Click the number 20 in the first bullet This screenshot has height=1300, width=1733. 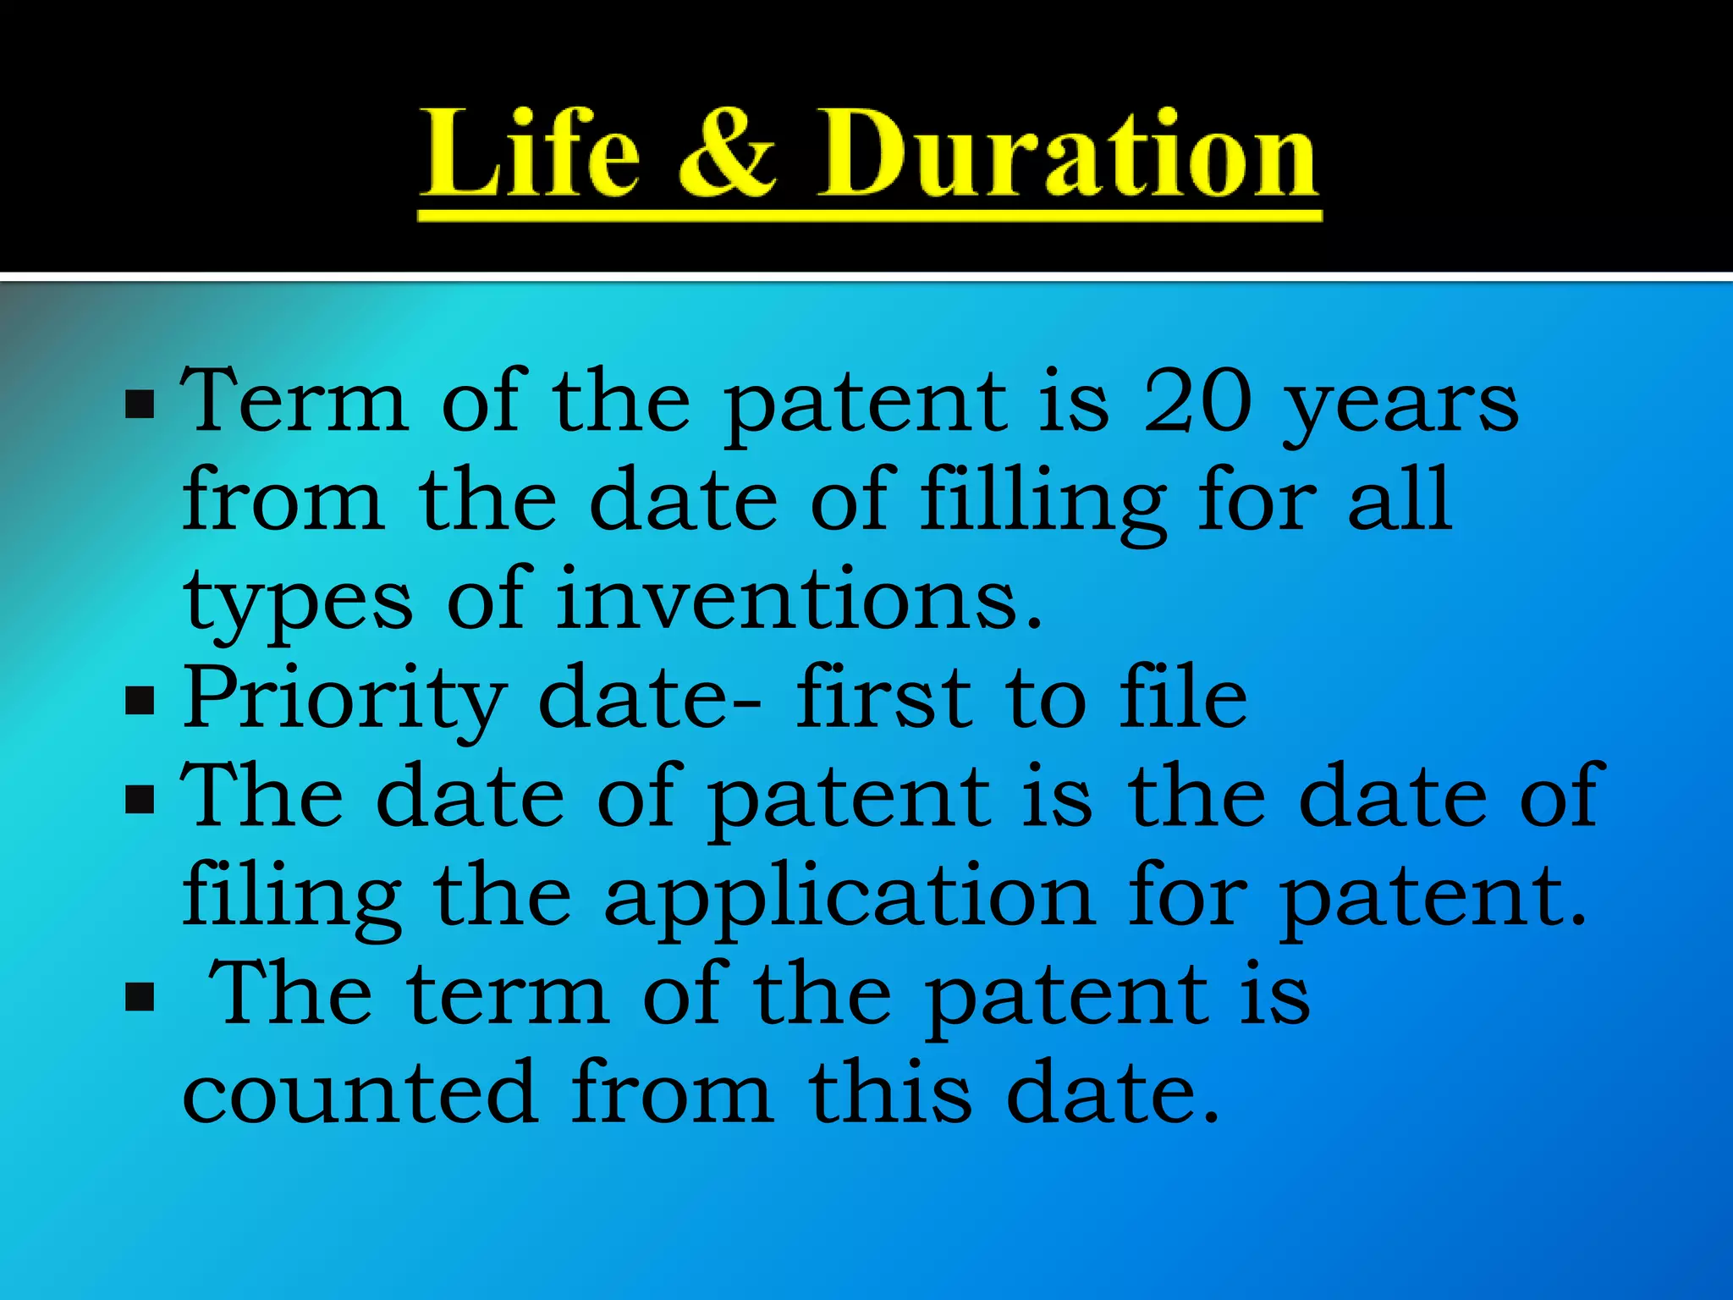coord(1197,403)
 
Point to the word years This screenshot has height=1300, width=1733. coord(1400,406)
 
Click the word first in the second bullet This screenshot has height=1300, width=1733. coord(884,697)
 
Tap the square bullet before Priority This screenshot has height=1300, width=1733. coord(140,701)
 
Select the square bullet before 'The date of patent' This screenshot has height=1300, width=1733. coord(140,799)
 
